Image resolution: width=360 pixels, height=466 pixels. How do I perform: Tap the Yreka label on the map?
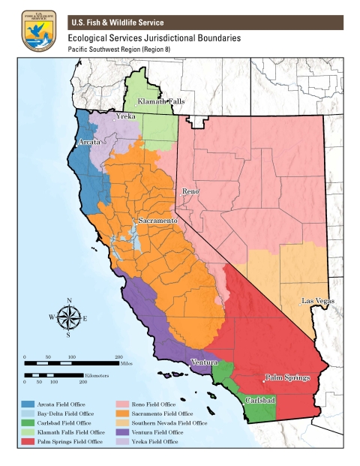click(124, 118)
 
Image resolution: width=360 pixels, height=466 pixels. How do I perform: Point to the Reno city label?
click(190, 192)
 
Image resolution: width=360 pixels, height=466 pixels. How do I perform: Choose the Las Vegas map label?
click(317, 301)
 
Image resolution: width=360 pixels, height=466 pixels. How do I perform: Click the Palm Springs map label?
click(286, 377)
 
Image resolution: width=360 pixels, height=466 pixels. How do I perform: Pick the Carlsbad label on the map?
click(260, 401)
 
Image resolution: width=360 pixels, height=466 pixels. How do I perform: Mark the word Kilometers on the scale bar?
click(96, 374)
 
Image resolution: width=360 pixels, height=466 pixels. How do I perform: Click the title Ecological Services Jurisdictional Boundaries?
click(154, 38)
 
